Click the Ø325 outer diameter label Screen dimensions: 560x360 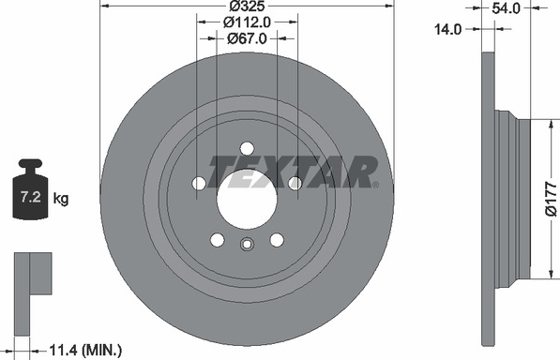click(x=247, y=6)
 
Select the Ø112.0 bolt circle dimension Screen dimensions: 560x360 click(x=247, y=22)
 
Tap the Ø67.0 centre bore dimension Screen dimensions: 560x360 click(x=247, y=38)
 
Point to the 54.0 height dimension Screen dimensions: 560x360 click(x=507, y=8)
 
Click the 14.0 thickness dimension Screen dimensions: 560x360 click(x=447, y=29)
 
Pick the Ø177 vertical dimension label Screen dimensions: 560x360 click(x=551, y=199)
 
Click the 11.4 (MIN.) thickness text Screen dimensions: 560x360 click(x=85, y=351)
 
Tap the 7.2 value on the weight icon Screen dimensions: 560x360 click(x=31, y=197)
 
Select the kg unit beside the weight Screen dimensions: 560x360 click(x=61, y=198)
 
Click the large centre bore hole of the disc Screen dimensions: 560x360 click(x=247, y=199)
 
